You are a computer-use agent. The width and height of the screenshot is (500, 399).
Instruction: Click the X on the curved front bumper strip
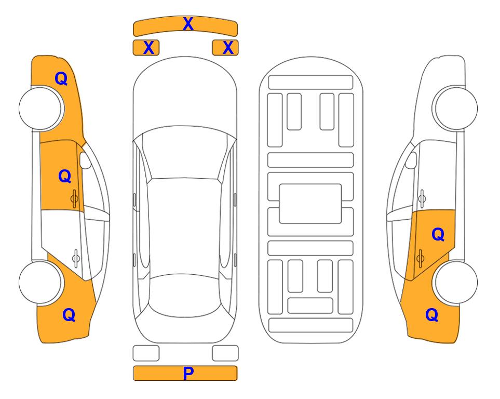click(188, 24)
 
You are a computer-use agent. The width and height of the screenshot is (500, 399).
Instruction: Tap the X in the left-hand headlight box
click(148, 48)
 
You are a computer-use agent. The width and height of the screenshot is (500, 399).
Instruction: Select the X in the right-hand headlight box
click(228, 48)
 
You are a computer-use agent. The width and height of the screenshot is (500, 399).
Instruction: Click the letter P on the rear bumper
click(188, 373)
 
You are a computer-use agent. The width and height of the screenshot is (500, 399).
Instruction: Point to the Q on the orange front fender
click(61, 78)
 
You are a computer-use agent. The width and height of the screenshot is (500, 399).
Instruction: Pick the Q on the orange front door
click(65, 176)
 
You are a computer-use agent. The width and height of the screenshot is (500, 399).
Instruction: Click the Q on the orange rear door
click(438, 235)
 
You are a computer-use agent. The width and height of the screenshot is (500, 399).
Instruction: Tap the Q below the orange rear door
click(432, 315)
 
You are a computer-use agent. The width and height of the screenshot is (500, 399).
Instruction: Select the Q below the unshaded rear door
click(69, 315)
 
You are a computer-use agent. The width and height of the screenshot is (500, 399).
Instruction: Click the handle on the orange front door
click(74, 199)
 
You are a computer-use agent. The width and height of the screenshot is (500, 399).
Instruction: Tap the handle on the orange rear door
click(420, 259)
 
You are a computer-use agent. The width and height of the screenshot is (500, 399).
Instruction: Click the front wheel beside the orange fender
click(40, 109)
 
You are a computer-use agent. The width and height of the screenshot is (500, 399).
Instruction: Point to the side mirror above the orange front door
click(85, 160)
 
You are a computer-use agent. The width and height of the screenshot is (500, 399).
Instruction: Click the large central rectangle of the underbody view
click(310, 204)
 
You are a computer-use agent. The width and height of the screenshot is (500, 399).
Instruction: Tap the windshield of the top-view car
click(184, 153)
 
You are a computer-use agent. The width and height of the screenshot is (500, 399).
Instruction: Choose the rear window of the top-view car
click(185, 295)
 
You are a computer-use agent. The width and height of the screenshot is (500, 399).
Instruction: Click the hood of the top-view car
click(185, 96)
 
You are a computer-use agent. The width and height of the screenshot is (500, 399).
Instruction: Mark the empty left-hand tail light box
click(146, 353)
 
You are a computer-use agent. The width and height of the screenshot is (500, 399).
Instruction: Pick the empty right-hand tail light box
click(225, 353)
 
